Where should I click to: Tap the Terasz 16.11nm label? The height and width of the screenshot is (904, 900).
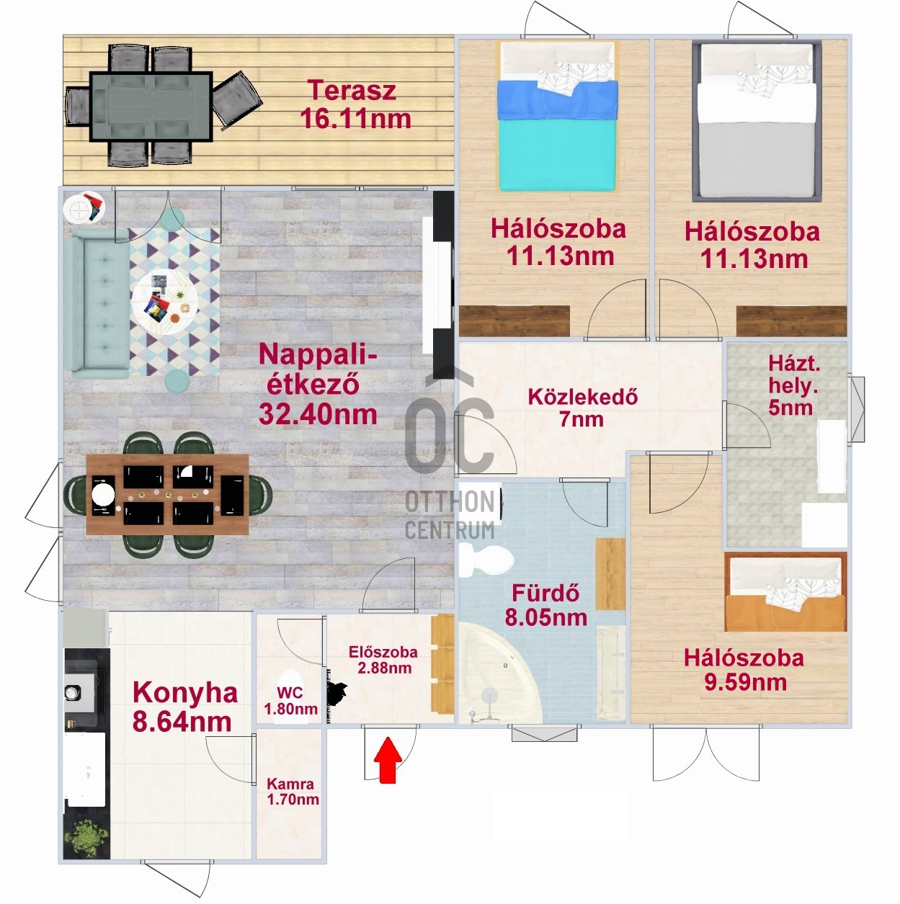(355, 104)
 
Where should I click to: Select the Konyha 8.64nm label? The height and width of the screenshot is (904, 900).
(184, 707)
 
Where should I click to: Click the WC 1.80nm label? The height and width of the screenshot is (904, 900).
(290, 700)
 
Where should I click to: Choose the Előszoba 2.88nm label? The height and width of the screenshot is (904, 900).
(383, 660)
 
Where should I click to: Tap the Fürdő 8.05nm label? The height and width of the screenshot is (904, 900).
(545, 605)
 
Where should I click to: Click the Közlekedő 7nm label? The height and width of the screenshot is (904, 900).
(583, 408)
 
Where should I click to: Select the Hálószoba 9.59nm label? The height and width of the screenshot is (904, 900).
(744, 670)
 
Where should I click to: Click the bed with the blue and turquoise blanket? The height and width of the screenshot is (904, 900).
(557, 117)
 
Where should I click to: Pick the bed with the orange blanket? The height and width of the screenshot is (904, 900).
(785, 593)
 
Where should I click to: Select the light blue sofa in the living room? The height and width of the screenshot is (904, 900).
(97, 303)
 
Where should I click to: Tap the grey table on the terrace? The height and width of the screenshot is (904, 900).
(151, 107)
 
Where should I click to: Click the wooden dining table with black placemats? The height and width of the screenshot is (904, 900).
(168, 494)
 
